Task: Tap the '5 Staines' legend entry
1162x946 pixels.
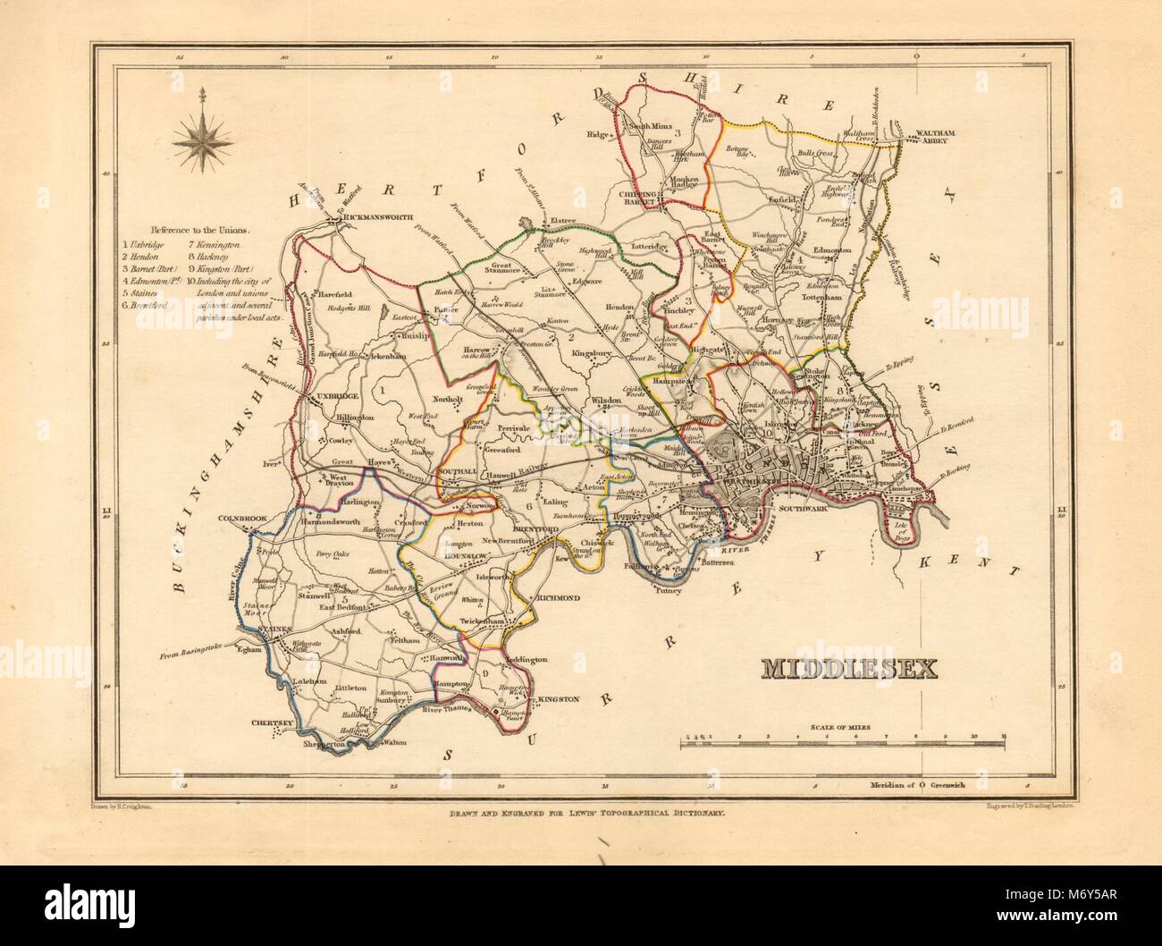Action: click(x=147, y=292)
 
